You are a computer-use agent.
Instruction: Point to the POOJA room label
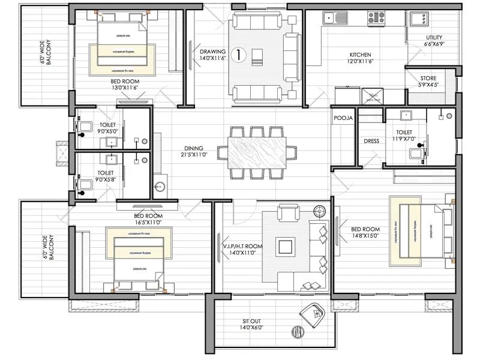click(x=343, y=119)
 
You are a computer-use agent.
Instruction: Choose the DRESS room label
click(x=371, y=142)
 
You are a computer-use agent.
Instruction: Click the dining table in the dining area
click(x=256, y=153)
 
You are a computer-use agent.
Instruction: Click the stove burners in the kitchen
click(x=376, y=17)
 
